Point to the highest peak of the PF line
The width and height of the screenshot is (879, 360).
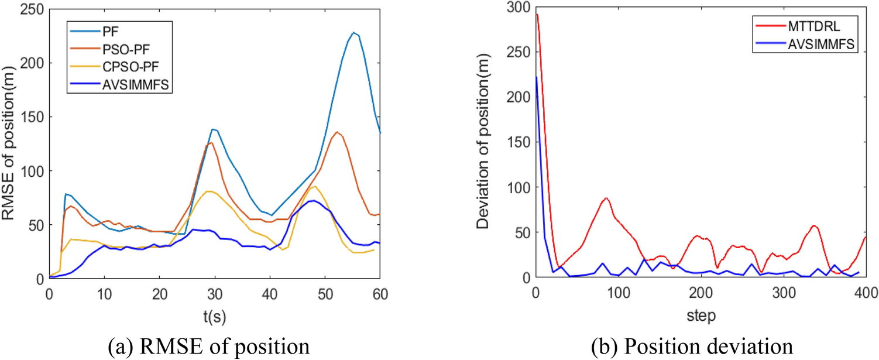[353, 33]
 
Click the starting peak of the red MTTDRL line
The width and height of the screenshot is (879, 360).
[537, 14]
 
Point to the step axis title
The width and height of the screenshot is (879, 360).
[701, 316]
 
